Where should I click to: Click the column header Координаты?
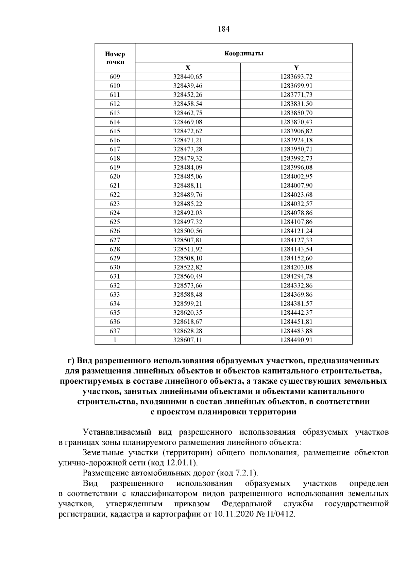pyautogui.click(x=244, y=53)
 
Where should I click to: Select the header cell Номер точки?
pyautogui.click(x=115, y=58)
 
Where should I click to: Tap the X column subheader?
pyautogui.click(x=188, y=68)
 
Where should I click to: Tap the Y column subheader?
pyautogui.click(x=296, y=68)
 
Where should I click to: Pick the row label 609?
pyautogui.click(x=115, y=76)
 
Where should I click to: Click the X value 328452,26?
pyautogui.click(x=188, y=95)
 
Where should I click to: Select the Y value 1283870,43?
pyautogui.click(x=296, y=122)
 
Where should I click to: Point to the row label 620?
pyautogui.click(x=115, y=176)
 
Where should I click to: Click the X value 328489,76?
pyautogui.click(x=188, y=195)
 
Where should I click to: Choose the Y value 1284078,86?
pyautogui.click(x=296, y=213)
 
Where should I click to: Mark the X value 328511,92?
pyautogui.click(x=188, y=249)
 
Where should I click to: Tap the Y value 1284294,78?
pyautogui.click(x=296, y=276)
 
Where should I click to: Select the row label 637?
pyautogui.click(x=115, y=331)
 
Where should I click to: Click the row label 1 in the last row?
pyautogui.click(x=115, y=340)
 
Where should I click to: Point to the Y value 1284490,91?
pyautogui.click(x=296, y=340)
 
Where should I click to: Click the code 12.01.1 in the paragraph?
pyautogui.click(x=182, y=463)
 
